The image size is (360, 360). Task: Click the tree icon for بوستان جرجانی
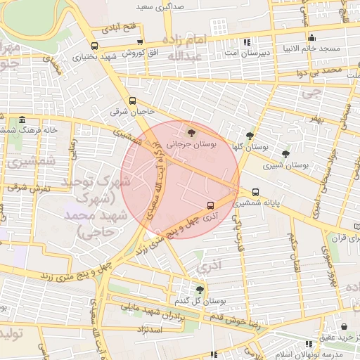point(191,131)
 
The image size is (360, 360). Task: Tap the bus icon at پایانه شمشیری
point(255,191)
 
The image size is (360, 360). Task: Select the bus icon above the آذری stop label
point(210,205)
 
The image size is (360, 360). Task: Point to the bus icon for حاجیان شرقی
point(133,101)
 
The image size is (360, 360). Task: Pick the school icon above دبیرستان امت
point(245,41)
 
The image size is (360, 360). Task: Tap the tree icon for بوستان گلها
point(250,136)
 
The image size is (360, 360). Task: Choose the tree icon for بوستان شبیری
point(285,154)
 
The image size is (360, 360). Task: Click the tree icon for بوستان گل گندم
point(200,290)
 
